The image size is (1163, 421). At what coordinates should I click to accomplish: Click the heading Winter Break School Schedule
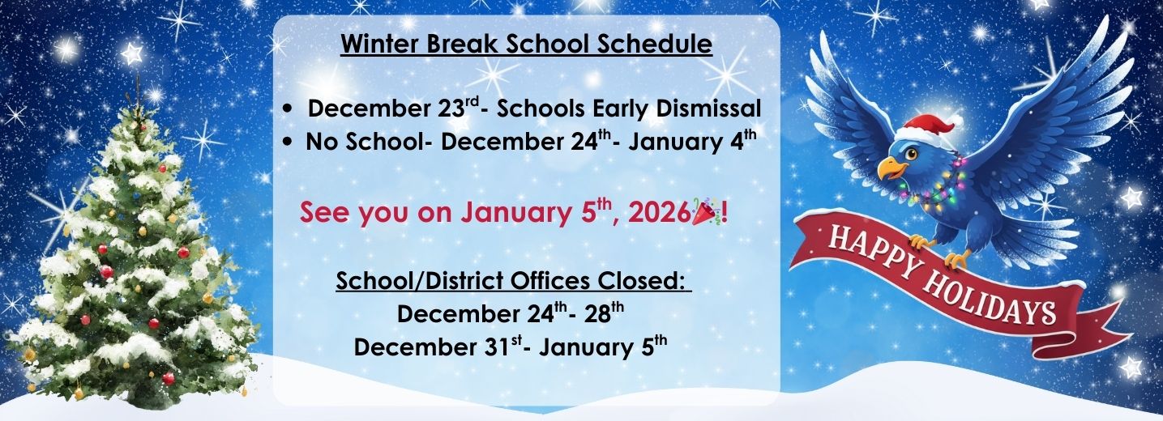[526, 44]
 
